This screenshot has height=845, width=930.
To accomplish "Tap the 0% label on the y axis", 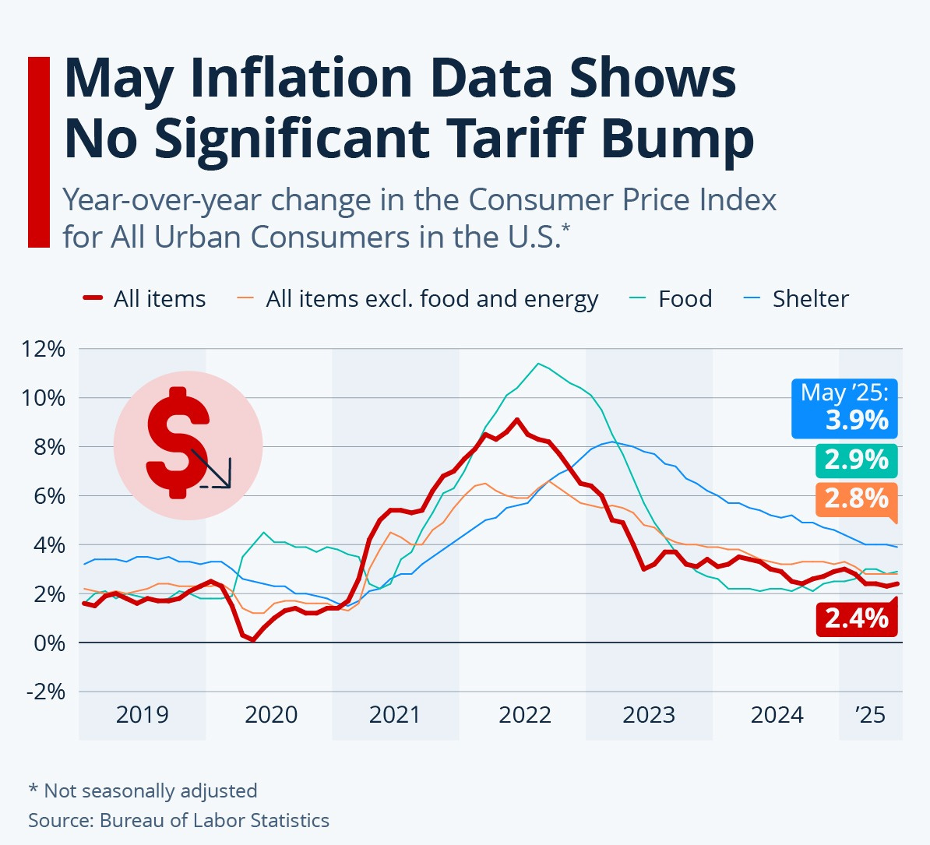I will click(x=48, y=643).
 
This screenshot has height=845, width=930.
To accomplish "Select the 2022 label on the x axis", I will click(x=524, y=714).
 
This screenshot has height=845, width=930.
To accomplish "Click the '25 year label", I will click(x=870, y=714).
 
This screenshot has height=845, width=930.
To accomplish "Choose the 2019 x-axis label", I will click(x=142, y=714).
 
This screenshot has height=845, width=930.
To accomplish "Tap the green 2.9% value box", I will click(x=857, y=460).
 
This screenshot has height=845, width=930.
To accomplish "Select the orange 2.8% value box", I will click(x=857, y=498).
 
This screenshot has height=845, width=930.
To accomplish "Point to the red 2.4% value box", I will click(x=857, y=618).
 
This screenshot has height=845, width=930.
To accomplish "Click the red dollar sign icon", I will click(x=178, y=442).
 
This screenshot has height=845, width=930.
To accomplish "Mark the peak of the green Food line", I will click(x=537, y=364).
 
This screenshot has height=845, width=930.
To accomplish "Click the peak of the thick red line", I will click(x=516, y=420).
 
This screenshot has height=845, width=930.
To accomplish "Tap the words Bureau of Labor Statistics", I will click(x=214, y=820).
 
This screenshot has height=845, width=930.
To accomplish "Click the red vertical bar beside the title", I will click(x=39, y=152).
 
